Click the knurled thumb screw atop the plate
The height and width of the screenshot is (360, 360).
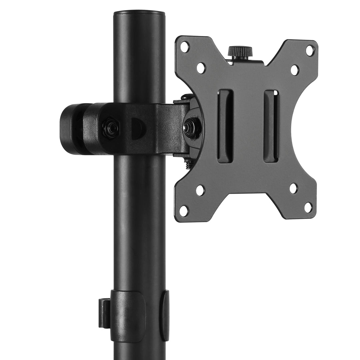pyautogui.click(x=240, y=52)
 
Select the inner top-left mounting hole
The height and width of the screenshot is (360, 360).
pyautogui.click(x=201, y=68)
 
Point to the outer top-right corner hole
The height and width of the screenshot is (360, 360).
pyautogui.click(x=310, y=51)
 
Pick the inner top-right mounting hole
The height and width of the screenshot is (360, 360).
pyautogui.click(x=295, y=70)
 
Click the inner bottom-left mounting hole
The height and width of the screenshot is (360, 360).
pyautogui.click(x=200, y=190)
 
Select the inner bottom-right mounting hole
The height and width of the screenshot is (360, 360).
pyautogui.click(x=293, y=188)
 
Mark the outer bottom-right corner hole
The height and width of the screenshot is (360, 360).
pyautogui.click(x=308, y=207)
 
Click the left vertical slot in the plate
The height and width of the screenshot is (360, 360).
pyautogui.click(x=225, y=126)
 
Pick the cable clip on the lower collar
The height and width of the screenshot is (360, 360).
pyautogui.click(x=104, y=312)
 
